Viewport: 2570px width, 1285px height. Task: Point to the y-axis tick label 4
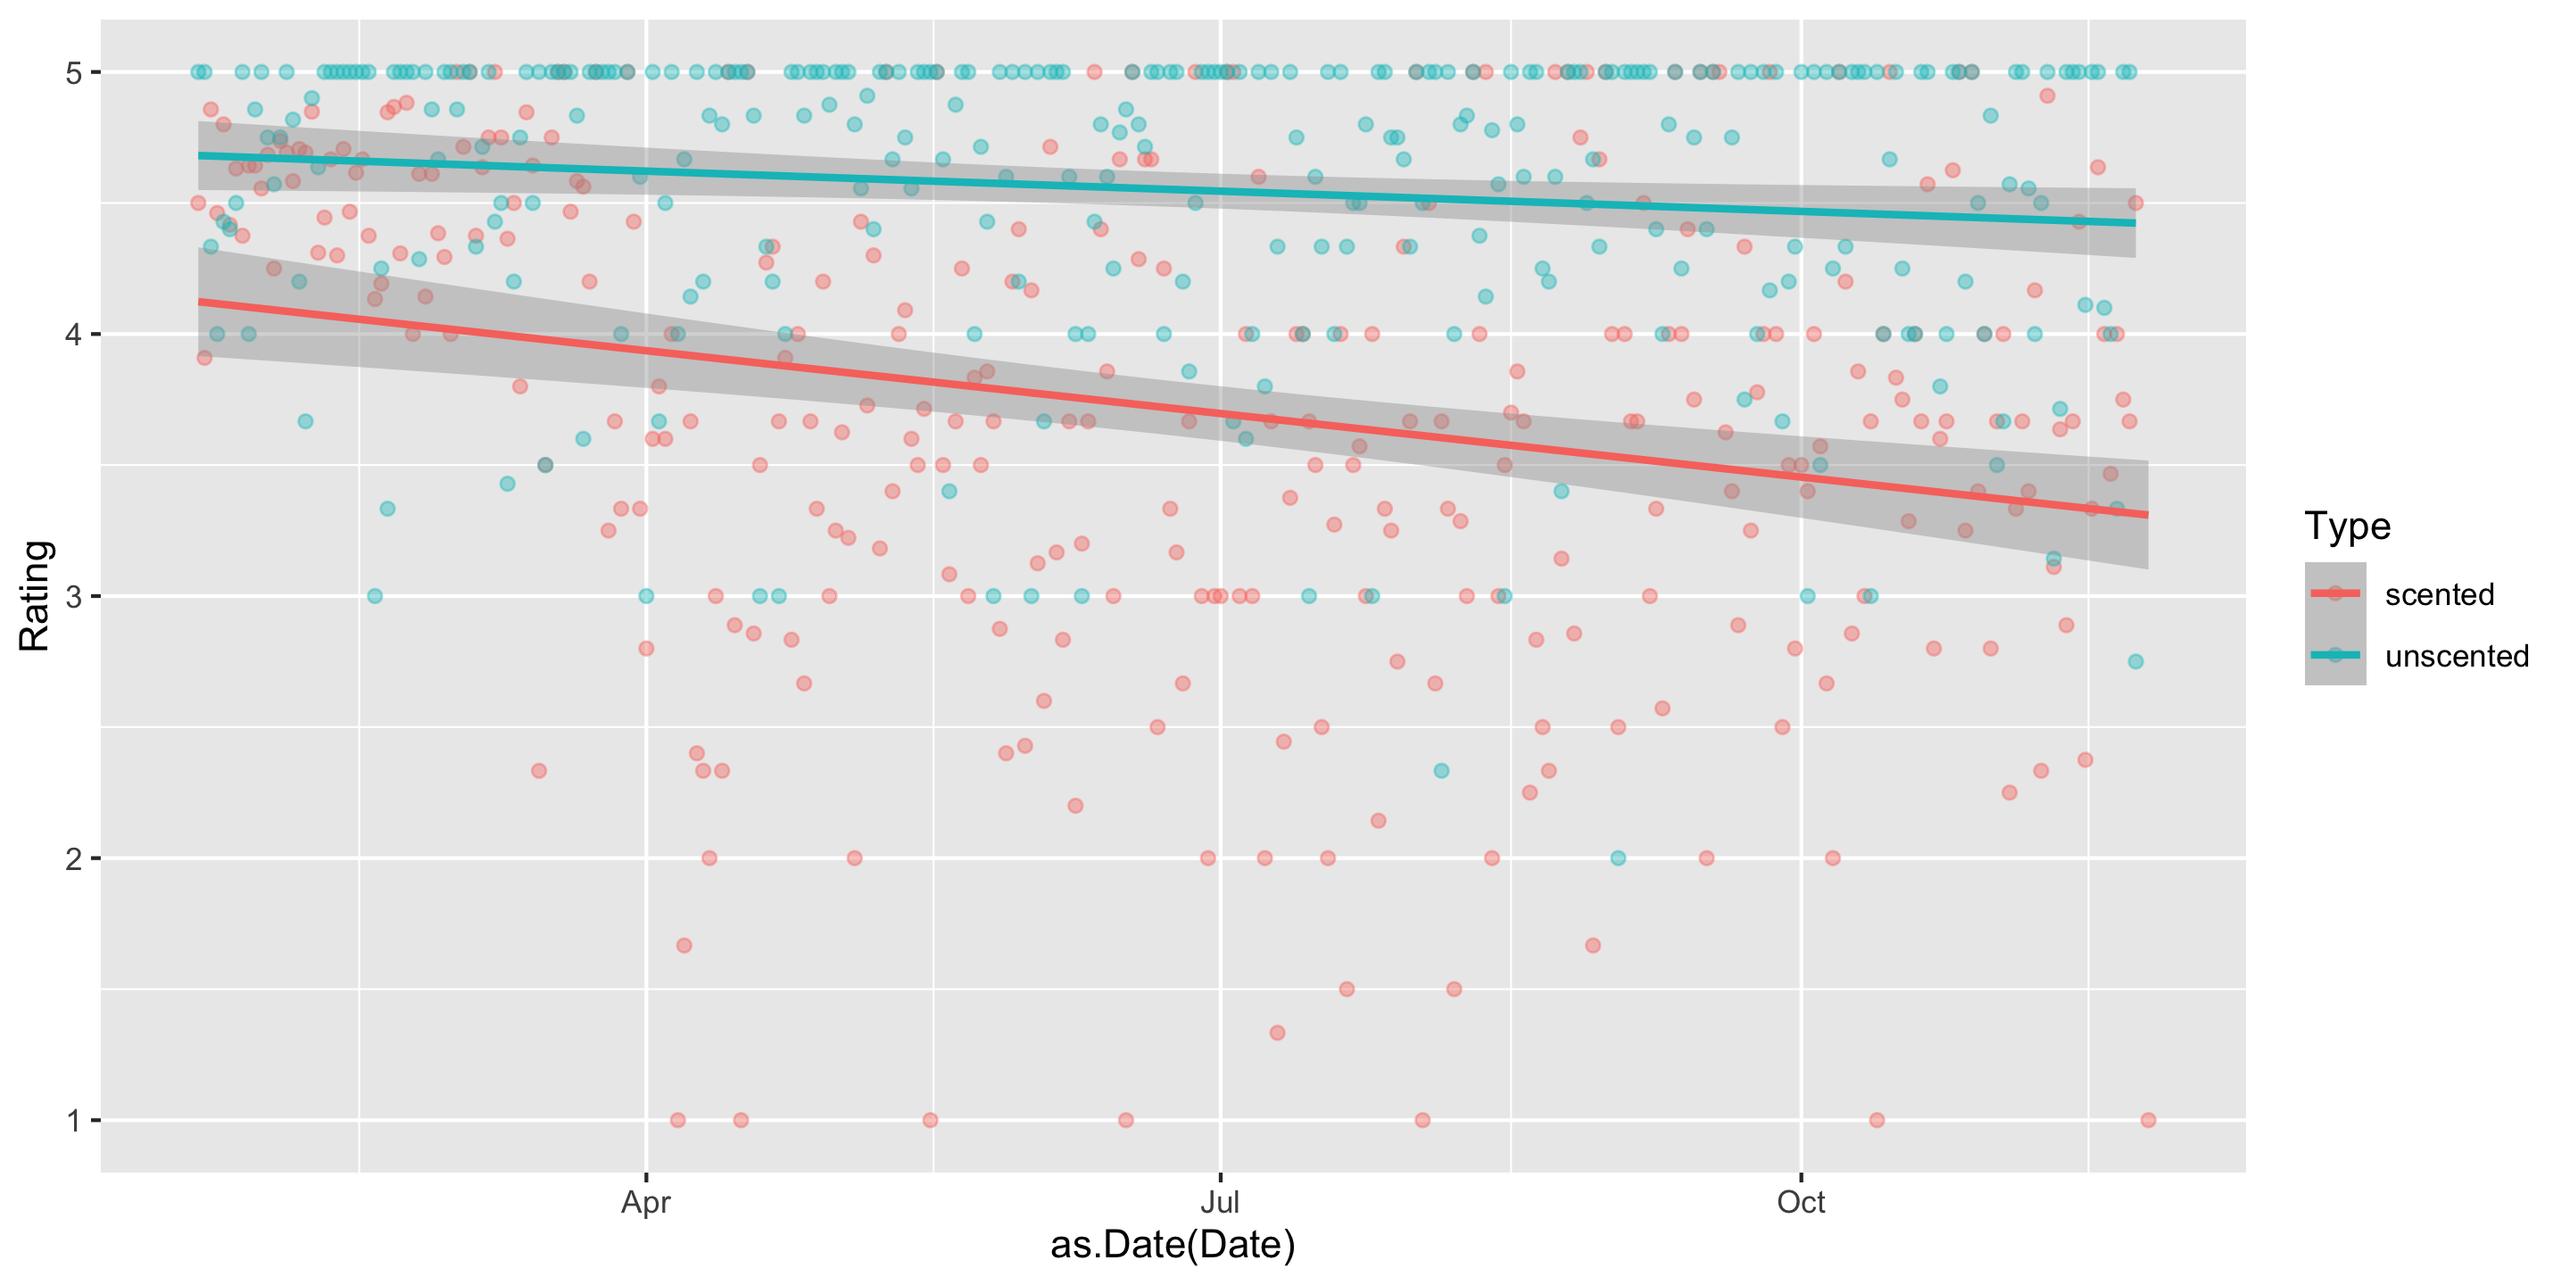[73, 335]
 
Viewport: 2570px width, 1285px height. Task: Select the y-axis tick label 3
[73, 597]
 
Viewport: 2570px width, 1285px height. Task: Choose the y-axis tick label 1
[73, 1122]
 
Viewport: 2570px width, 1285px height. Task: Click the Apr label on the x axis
[645, 1202]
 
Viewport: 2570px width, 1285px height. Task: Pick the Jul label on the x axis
[1219, 1202]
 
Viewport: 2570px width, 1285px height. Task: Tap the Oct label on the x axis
[1801, 1202]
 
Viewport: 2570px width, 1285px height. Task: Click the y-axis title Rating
[35, 595]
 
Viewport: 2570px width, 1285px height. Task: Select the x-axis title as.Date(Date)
[1173, 1245]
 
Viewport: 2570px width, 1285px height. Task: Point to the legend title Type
[2347, 526]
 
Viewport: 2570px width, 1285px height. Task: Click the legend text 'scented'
[2440, 594]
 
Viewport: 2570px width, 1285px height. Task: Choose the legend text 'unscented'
[2457, 657]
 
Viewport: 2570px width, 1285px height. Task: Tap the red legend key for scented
[2334, 593]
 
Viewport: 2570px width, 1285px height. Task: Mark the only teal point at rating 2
[1618, 858]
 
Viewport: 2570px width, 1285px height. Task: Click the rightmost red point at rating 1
[2148, 1121]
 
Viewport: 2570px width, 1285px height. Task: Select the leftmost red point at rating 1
[677, 1121]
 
